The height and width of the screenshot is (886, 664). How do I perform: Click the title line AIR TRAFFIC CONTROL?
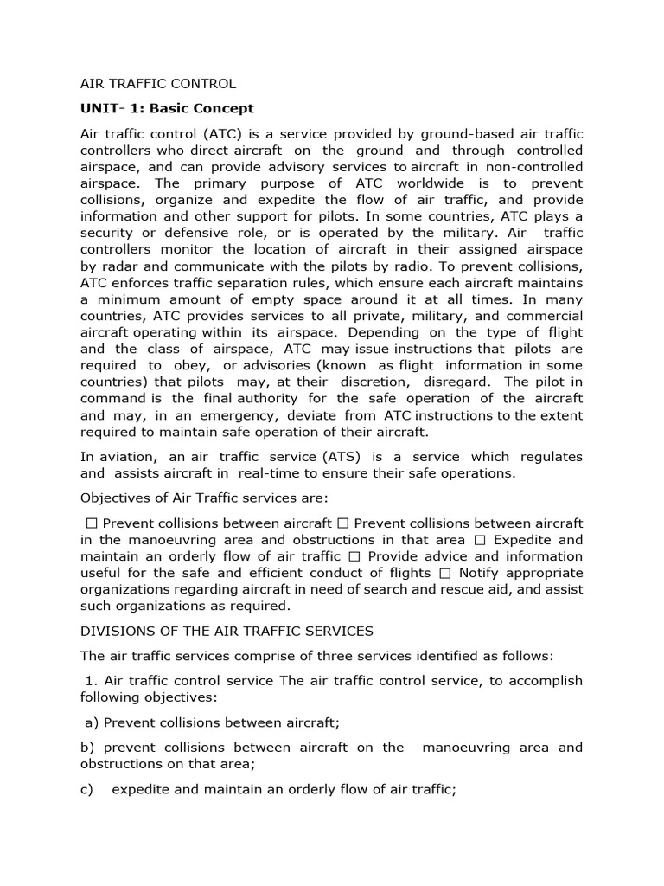(x=157, y=84)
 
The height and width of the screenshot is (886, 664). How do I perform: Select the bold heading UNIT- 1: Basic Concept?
(x=167, y=108)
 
